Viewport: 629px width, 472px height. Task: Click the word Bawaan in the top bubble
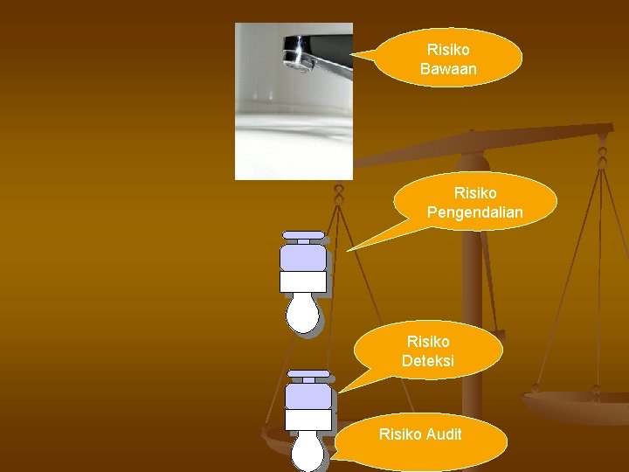[x=448, y=68]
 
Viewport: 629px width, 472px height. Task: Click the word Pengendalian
[x=474, y=212]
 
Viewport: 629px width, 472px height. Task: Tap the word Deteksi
[x=428, y=360]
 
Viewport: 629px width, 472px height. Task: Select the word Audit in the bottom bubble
[x=443, y=434]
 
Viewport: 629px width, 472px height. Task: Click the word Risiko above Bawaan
[x=448, y=51]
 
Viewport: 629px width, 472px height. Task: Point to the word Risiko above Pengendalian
[x=475, y=193]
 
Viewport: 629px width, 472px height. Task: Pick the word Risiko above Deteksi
[x=428, y=341]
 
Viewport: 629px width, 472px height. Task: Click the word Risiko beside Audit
[x=400, y=434]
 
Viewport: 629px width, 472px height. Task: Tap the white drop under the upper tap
[x=302, y=313]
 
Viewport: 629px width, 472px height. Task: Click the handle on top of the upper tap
[x=302, y=236]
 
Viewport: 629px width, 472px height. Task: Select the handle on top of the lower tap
[x=309, y=375]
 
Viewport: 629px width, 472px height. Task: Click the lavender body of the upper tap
[x=302, y=257]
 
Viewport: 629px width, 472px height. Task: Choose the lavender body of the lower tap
[x=309, y=397]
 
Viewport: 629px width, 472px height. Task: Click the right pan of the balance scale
[x=577, y=406]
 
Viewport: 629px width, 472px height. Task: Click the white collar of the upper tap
[x=302, y=281]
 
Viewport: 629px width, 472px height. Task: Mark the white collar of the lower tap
[x=309, y=420]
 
